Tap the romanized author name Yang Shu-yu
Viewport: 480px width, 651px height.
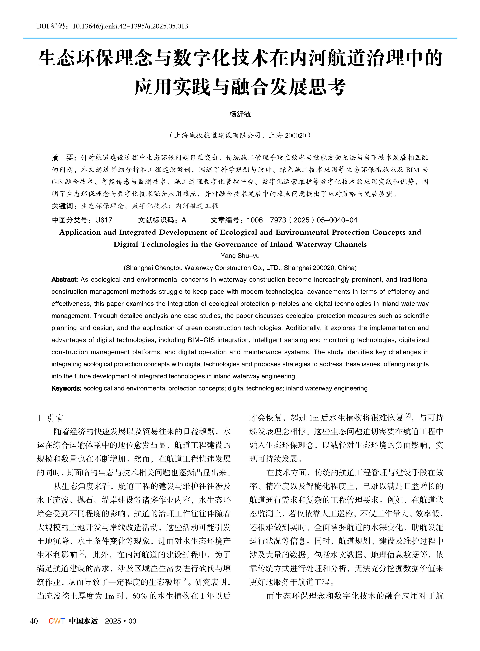pos(240,256)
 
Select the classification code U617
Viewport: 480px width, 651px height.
pos(104,220)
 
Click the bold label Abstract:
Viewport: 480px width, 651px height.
pos(65,280)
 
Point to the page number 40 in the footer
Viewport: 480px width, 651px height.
pos(34,621)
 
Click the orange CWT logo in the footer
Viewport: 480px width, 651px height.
pos(57,621)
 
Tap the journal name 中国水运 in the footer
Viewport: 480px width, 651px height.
pos(83,621)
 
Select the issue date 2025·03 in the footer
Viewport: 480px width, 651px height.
pos(121,621)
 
